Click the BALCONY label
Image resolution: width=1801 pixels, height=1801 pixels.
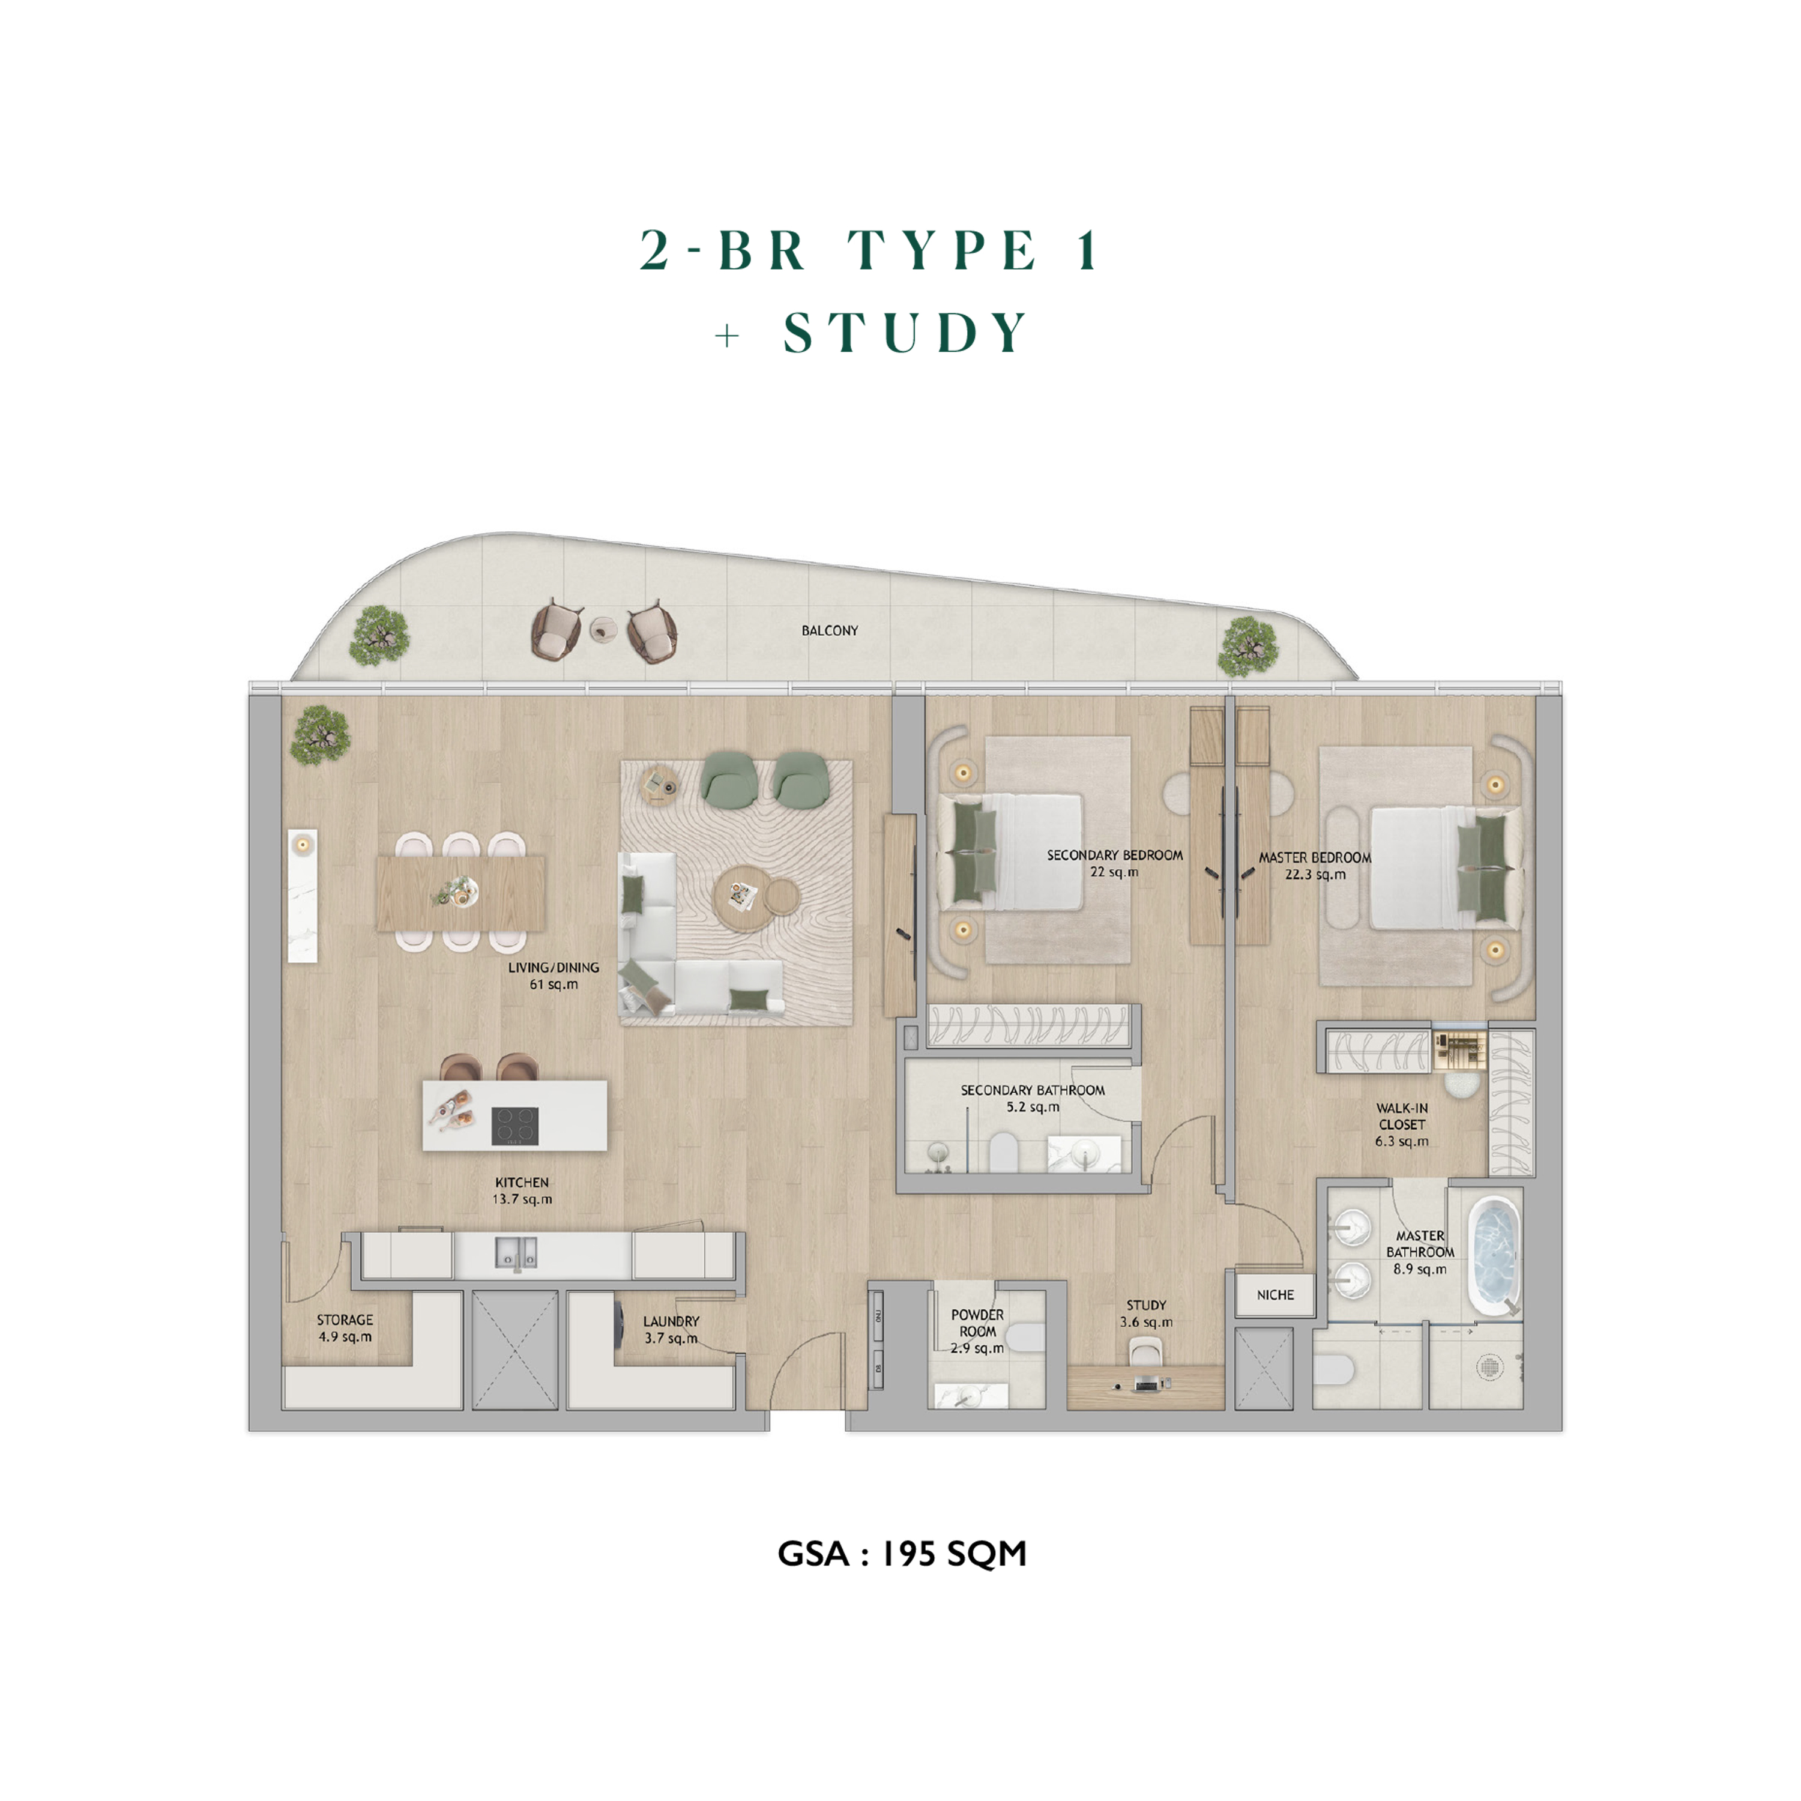point(830,631)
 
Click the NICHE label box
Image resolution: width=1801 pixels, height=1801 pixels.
point(1275,1295)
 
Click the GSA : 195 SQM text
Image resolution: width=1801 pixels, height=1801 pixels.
point(902,1554)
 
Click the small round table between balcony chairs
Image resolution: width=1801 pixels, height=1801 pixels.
point(604,629)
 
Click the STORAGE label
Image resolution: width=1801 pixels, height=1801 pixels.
point(345,1320)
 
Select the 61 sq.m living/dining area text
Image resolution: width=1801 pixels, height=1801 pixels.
point(554,985)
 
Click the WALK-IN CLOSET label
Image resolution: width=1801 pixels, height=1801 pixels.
point(1402,1117)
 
